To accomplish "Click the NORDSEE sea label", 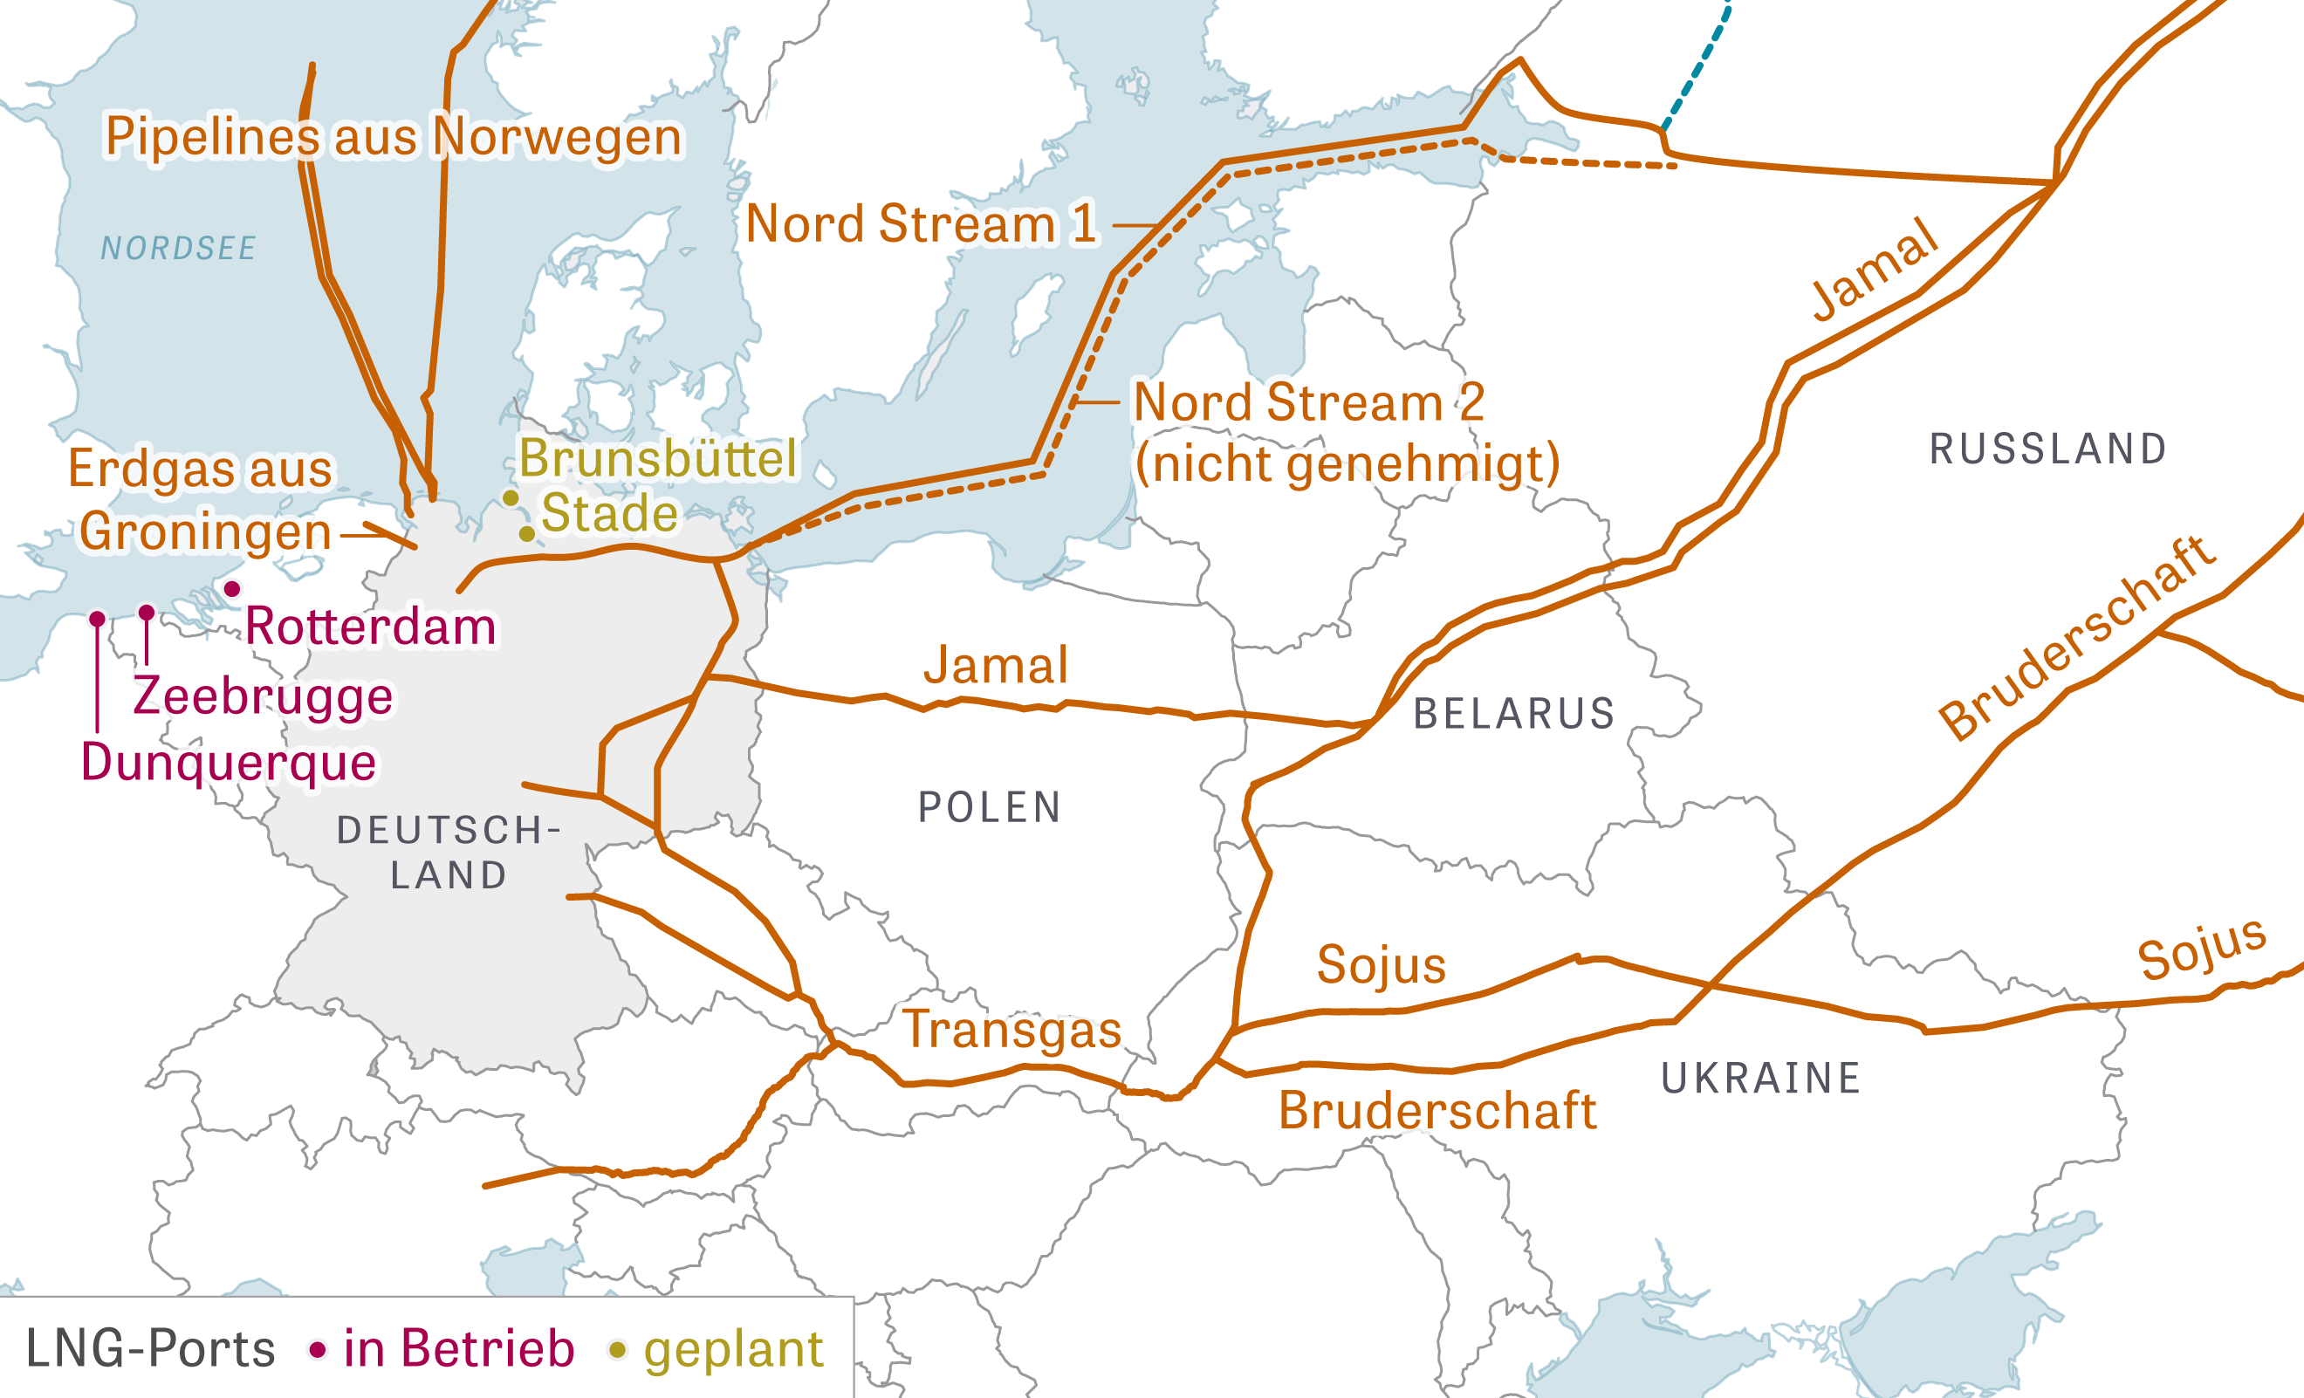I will point(178,249).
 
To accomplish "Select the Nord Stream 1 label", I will point(921,224).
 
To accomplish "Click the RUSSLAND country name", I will point(2047,449).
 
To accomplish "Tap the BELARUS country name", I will point(1514,714).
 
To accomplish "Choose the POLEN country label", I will point(990,807).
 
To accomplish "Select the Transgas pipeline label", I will point(1011,1030).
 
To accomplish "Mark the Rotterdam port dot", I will point(232,588).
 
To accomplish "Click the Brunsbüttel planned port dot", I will point(511,497).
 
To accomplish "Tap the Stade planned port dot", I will point(527,533).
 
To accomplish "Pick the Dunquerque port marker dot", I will point(97,618).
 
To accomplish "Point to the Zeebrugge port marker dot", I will point(147,612).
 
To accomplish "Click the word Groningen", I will point(205,532).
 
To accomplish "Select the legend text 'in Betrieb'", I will point(458,1348).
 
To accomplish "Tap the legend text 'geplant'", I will point(733,1349).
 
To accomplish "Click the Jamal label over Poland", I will point(996,665).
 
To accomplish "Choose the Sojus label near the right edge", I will point(2201,949).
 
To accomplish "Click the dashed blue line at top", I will point(1694,70).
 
